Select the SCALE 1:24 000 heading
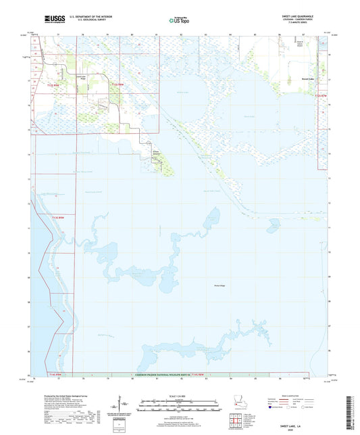click(x=180, y=395)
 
